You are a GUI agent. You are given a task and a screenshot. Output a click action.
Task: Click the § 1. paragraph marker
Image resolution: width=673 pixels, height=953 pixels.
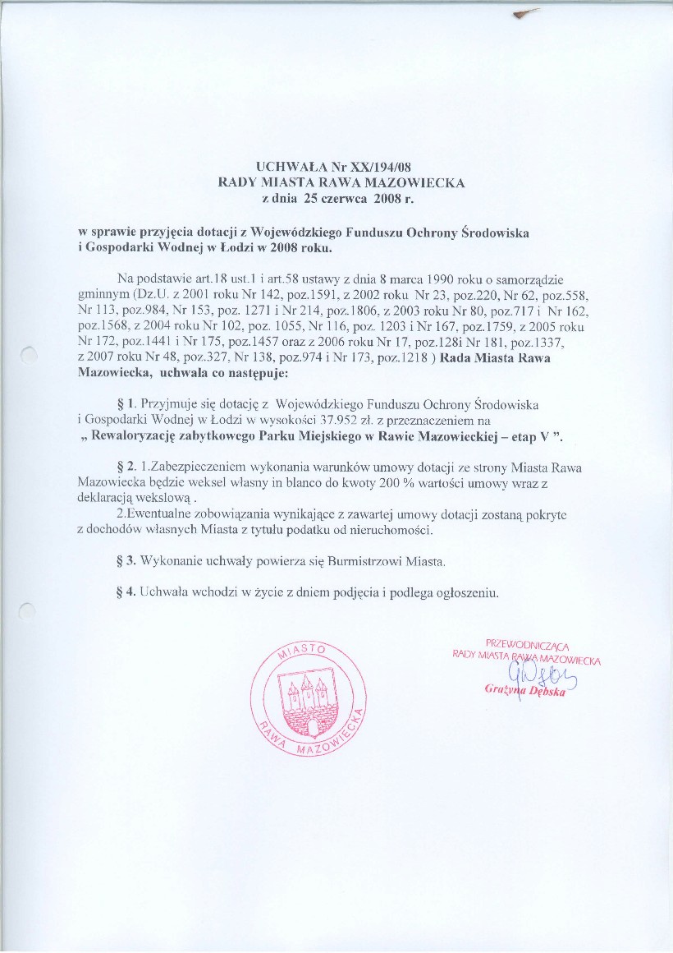click(127, 404)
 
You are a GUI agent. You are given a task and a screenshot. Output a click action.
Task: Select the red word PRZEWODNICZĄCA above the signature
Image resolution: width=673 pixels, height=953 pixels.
click(528, 645)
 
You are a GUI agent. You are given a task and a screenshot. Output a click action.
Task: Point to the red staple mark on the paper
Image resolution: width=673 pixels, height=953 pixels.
click(525, 13)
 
